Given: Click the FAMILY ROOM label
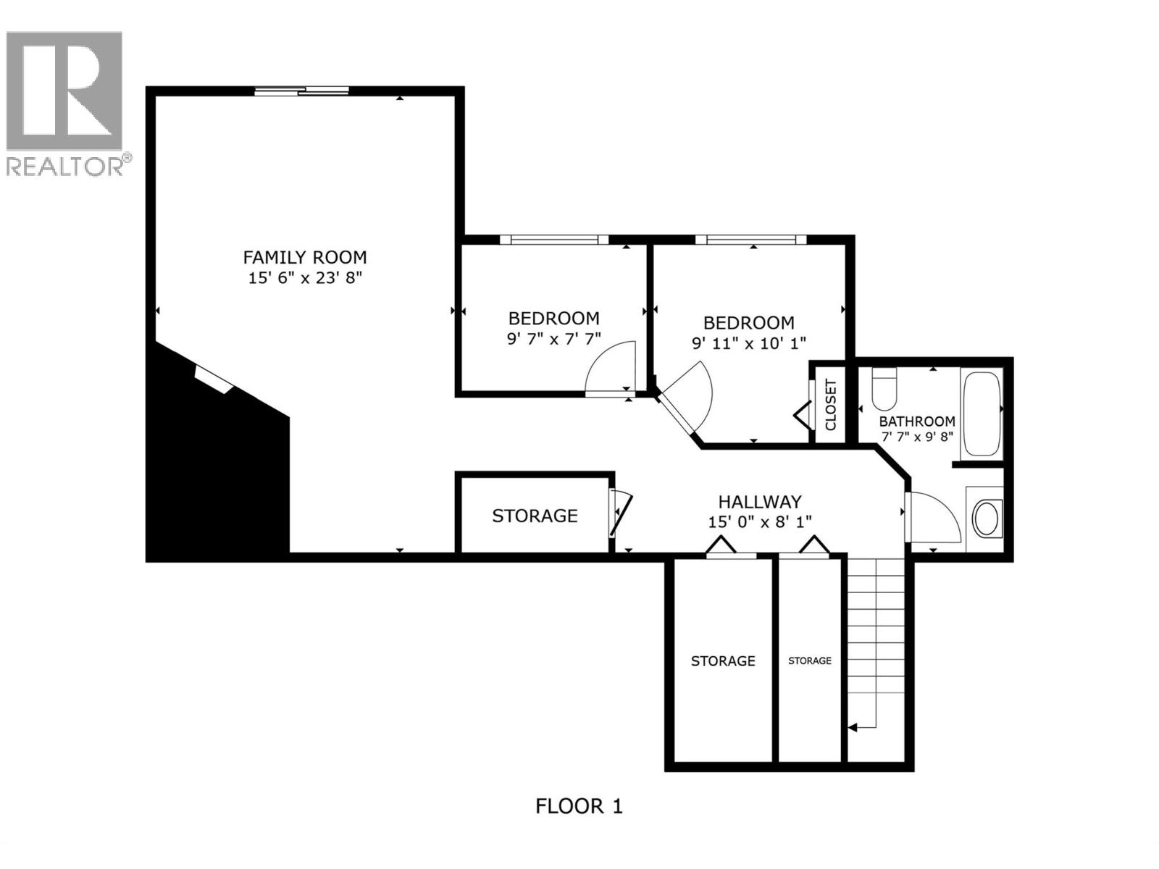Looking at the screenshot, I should pos(304,257).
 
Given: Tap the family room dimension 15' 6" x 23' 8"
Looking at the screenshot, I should pos(304,277).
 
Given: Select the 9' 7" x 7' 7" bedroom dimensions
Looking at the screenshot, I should pos(553,338).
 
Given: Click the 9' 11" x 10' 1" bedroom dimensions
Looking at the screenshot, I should pos(749,343).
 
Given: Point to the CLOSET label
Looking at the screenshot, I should pos(831,405).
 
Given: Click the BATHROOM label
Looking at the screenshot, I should pos(916,421).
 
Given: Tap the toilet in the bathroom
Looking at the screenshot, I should pos(884,389).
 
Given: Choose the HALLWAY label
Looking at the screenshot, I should pos(759,501).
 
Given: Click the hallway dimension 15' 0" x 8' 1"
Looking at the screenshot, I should pos(759,521).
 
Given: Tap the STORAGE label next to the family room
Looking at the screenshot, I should pos(535,516).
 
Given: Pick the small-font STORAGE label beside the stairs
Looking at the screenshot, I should pos(809,660).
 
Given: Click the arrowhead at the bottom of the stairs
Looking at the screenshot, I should pos(853,726).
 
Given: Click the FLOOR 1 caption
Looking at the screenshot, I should pos(579,806).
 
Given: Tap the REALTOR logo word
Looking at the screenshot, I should pos(65,167).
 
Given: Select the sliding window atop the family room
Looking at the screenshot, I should pos(301,91).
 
